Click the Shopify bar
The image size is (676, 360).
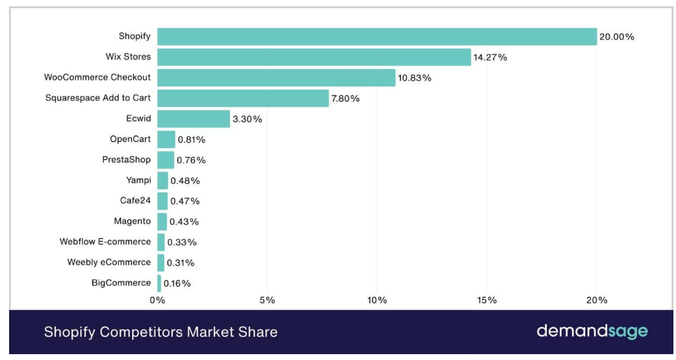click(377, 36)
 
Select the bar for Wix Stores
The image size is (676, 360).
click(314, 57)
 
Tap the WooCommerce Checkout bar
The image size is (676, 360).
click(277, 78)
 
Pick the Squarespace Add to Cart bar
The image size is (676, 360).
click(243, 98)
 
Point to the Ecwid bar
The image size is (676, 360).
click(194, 119)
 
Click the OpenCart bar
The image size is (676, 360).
click(166, 140)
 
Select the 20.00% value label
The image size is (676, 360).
click(616, 37)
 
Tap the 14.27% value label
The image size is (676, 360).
click(490, 57)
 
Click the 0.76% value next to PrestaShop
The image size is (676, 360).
click(191, 160)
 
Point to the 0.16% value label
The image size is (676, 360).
click(177, 283)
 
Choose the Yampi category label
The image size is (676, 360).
click(138, 180)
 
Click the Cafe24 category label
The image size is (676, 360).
click(135, 200)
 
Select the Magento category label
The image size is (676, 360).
click(132, 221)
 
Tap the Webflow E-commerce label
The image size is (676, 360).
click(105, 242)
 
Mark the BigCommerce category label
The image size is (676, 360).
click(121, 283)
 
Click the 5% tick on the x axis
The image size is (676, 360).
click(268, 300)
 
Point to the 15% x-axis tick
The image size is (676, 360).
click(487, 300)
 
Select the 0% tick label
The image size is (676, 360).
click(157, 300)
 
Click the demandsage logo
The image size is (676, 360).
click(592, 331)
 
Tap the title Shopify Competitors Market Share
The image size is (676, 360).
click(161, 332)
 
